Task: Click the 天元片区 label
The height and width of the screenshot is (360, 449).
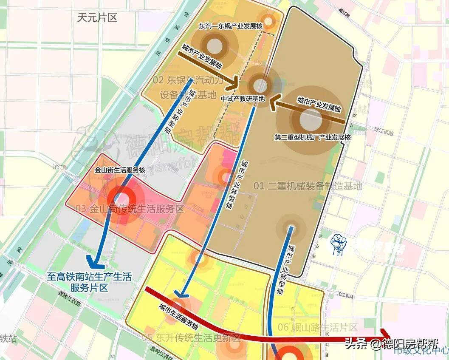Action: [97, 17]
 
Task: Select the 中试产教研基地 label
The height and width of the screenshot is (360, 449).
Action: [243, 98]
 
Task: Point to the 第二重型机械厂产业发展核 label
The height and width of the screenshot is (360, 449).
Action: [313, 137]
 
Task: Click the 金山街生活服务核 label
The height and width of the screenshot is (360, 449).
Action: [120, 170]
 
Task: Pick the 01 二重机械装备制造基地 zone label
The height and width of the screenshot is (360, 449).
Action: [308, 186]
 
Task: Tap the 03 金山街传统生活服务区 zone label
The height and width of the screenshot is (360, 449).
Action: [129, 209]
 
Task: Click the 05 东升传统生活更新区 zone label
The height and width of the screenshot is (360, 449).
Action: [192, 338]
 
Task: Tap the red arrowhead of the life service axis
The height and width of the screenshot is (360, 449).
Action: [386, 335]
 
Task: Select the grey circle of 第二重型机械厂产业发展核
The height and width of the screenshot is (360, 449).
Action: [311, 120]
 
